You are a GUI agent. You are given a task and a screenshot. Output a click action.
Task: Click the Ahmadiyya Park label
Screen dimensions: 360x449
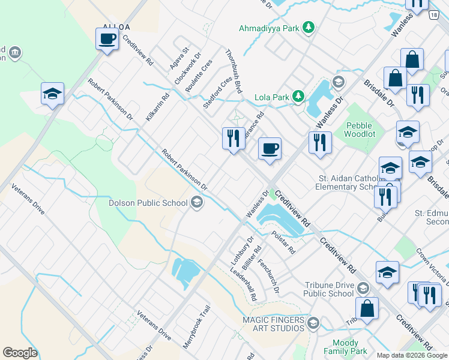[270, 28]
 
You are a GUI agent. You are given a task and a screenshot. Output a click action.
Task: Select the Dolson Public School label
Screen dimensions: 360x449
[148, 203]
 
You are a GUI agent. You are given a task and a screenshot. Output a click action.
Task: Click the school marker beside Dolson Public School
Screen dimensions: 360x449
[196, 203]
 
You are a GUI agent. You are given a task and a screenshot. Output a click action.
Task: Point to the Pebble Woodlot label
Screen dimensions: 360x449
[360, 130]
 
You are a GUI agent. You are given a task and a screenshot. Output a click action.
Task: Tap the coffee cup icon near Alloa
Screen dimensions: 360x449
[107, 40]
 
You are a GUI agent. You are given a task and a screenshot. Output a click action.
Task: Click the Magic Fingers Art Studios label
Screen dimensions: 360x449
[273, 324]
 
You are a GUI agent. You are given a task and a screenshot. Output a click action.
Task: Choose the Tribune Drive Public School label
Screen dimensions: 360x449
[328, 289]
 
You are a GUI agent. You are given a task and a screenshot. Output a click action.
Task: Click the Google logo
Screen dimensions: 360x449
[20, 353]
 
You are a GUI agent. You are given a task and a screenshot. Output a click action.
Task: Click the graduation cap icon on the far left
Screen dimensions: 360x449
[52, 94]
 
